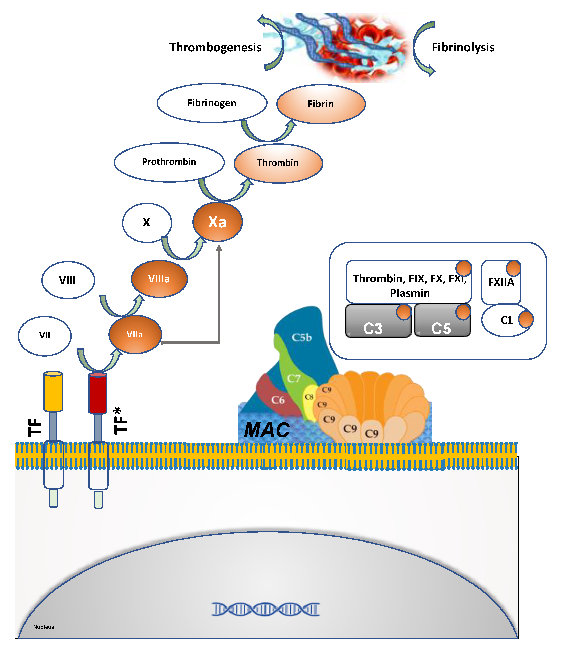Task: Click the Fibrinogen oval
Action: [x=212, y=103]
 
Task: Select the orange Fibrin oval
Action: [x=321, y=104]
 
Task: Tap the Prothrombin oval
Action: [x=169, y=162]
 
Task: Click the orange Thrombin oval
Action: [x=278, y=163]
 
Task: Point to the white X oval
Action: [x=147, y=222]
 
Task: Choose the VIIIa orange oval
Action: [x=159, y=279]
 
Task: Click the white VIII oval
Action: [x=68, y=280]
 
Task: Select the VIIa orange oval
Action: [x=135, y=334]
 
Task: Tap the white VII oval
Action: [x=45, y=336]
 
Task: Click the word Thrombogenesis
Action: [x=215, y=47]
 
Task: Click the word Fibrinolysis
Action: [x=463, y=47]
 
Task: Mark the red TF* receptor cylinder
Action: [x=98, y=393]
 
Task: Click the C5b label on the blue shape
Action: [x=302, y=338]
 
